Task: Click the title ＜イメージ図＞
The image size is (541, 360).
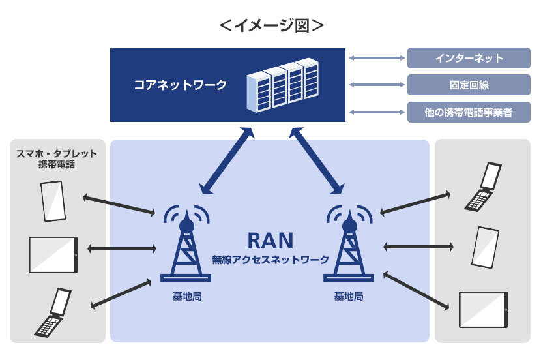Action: coord(271,25)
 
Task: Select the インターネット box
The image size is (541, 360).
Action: coord(469,58)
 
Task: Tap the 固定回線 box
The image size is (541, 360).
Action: coord(469,85)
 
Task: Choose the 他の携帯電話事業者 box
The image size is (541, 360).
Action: coord(469,112)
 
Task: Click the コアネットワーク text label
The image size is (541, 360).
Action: coord(181,84)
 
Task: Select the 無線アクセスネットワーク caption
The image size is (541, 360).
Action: coord(270,260)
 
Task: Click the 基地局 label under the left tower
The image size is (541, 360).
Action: coord(186,296)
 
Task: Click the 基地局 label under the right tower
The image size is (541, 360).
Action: coord(349,296)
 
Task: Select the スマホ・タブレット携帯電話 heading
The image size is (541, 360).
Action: coord(57,159)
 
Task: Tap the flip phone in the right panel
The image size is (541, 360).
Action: coord(484,187)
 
